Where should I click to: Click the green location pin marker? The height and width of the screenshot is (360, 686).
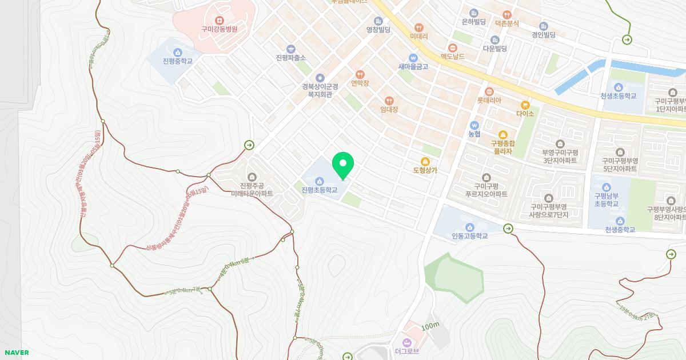click(343, 165)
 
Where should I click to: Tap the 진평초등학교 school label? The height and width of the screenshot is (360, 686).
click(320, 190)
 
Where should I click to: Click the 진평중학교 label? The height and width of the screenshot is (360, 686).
click(177, 62)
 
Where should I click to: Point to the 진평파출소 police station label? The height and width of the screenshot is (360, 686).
click(291, 58)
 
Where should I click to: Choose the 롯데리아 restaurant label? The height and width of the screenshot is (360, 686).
click(489, 101)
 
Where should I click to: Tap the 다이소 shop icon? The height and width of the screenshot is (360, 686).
click(525, 105)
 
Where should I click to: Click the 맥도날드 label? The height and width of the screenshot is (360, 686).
click(453, 57)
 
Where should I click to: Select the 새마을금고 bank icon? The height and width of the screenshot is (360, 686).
click(413, 58)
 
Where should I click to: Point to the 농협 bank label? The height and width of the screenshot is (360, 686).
click(474, 134)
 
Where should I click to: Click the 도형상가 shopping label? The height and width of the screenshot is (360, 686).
click(425, 170)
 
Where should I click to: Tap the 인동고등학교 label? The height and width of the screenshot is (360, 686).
click(470, 236)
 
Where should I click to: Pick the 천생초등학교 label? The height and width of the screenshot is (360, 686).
click(618, 96)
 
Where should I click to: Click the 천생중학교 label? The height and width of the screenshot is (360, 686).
click(620, 230)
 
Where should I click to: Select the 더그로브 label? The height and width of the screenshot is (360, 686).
click(406, 351)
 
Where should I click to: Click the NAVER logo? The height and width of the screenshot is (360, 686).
click(16, 353)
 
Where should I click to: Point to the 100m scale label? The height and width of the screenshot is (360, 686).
click(430, 326)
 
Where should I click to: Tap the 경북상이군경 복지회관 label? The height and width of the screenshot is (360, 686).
click(320, 90)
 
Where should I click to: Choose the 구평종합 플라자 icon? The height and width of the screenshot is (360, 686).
click(503, 135)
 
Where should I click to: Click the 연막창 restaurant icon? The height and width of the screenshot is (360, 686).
click(360, 74)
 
